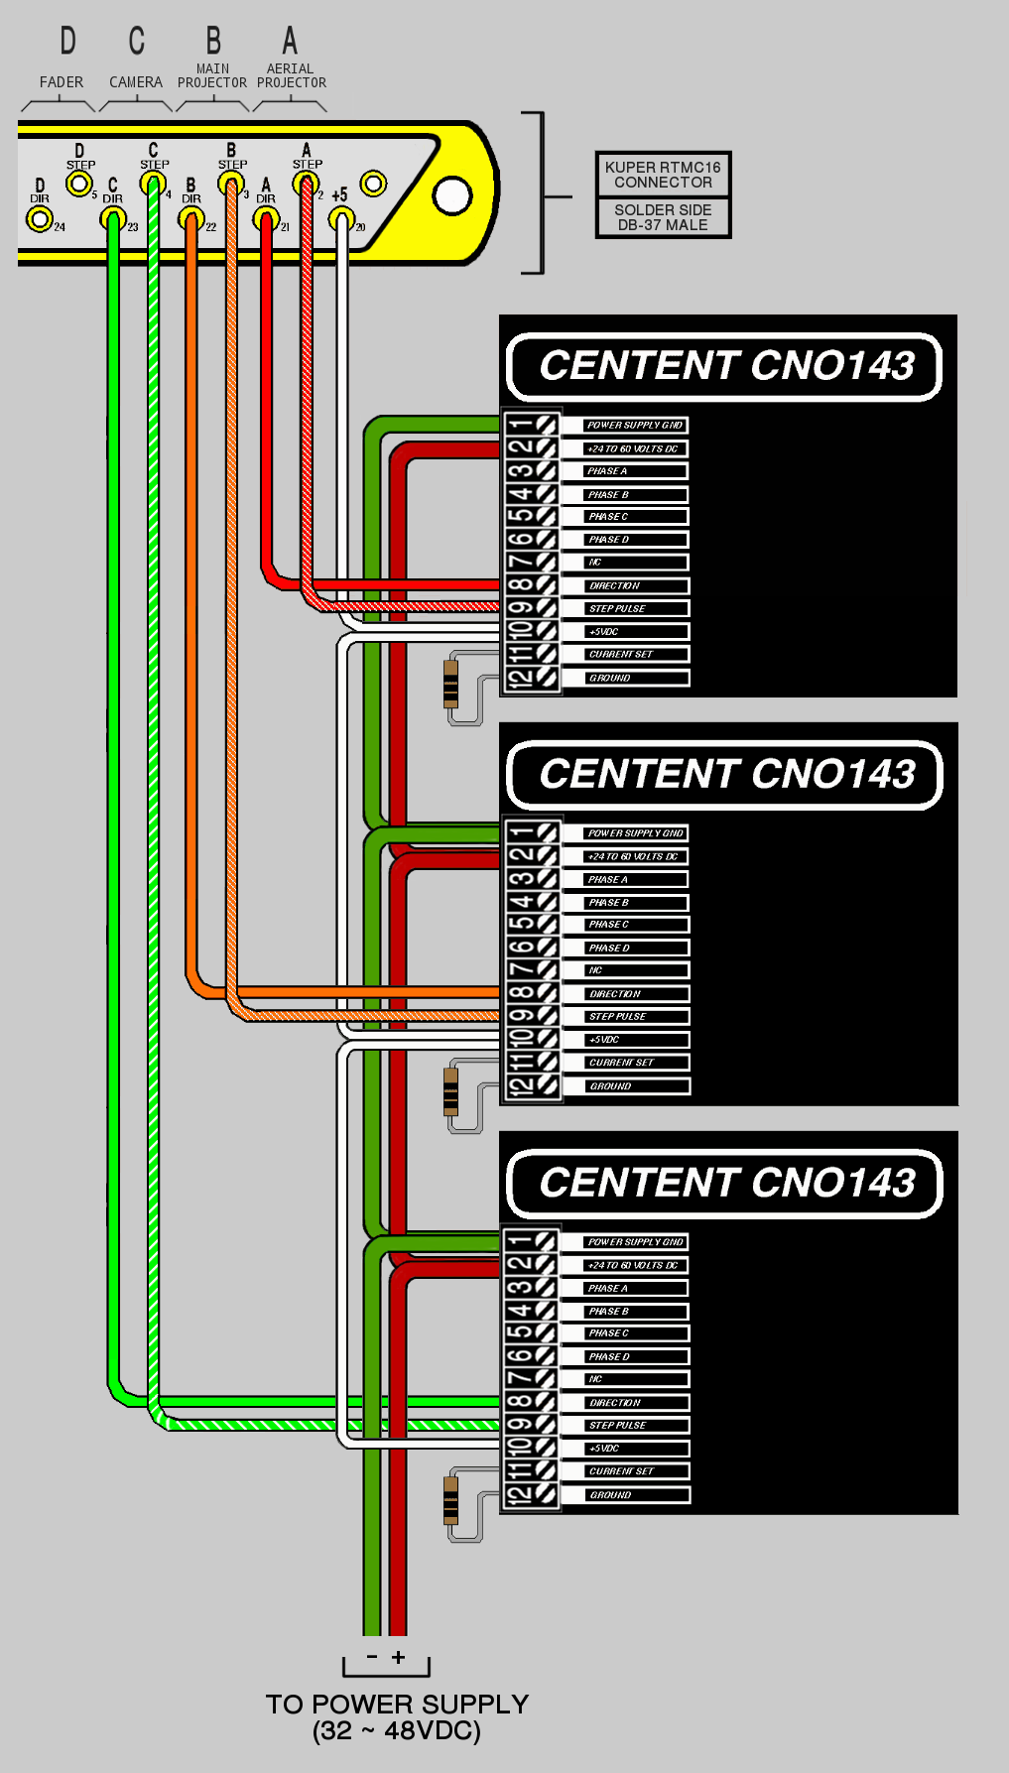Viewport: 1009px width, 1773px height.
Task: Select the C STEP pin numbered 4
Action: [x=153, y=183]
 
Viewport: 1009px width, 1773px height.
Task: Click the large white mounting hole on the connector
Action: [x=452, y=195]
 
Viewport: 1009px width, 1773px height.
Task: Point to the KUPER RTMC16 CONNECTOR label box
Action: [x=663, y=175]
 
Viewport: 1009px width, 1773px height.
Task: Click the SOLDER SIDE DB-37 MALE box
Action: [x=663, y=217]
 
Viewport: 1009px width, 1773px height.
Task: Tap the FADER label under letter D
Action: [x=62, y=82]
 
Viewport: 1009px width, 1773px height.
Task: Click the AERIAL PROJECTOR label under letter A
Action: [x=291, y=76]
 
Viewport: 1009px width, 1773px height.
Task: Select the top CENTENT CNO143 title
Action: [x=725, y=366]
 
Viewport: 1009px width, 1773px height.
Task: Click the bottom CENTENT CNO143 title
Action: [x=725, y=1183]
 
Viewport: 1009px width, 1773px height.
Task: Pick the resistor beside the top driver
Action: [x=450, y=684]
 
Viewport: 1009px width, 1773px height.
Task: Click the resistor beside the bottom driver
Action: [x=450, y=1500]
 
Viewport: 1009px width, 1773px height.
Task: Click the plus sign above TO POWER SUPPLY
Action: [x=398, y=1657]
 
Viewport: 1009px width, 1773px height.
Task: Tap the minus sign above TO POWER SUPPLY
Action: [x=372, y=1657]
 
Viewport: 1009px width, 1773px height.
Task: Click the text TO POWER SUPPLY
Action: [x=397, y=1705]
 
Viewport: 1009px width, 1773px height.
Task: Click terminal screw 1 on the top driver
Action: [x=546, y=425]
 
